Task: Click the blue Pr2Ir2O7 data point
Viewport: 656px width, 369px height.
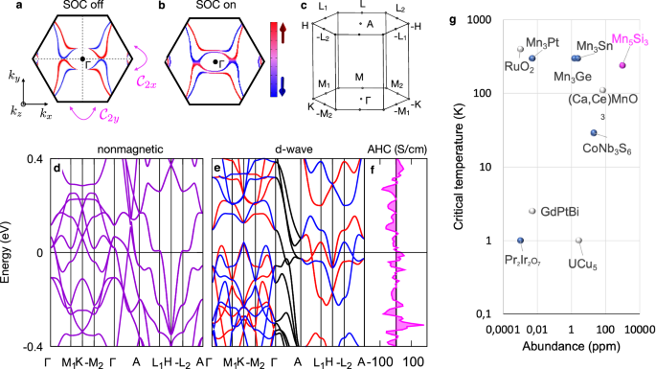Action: pos(520,241)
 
